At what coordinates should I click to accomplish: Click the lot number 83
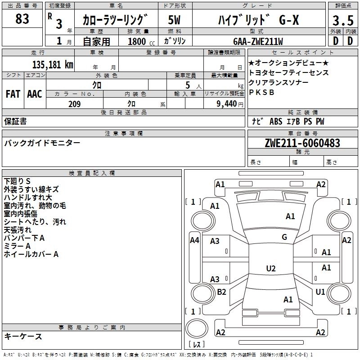[22, 18]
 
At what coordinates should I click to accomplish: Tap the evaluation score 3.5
[343, 20]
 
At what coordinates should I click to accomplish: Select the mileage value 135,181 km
[53, 64]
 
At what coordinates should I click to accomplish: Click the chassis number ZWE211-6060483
[302, 143]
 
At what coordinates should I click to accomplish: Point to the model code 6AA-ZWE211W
[258, 41]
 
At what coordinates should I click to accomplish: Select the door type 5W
[174, 20]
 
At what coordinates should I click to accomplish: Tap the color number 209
[75, 104]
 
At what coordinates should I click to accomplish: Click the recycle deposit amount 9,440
[227, 104]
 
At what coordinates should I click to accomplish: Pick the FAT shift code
[13, 94]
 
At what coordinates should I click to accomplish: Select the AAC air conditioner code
[35, 94]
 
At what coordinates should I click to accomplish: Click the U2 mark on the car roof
[271, 268]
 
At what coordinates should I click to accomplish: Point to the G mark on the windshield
[284, 237]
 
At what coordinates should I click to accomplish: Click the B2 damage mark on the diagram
[221, 292]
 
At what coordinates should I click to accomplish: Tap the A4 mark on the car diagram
[194, 240]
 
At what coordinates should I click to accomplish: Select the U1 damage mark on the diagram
[320, 292]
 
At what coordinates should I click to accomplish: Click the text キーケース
[23, 336]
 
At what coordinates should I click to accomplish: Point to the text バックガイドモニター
[42, 143]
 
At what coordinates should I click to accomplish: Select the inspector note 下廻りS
[17, 181]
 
